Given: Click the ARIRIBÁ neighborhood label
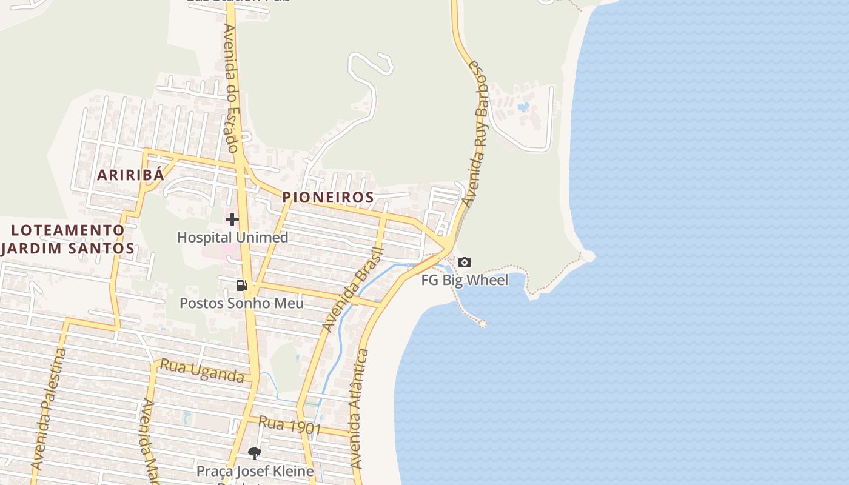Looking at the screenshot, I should tap(130, 175).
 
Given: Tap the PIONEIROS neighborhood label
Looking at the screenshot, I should tap(328, 198).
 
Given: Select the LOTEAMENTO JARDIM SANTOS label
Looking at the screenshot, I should tap(67, 239).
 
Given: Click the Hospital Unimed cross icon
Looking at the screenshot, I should tap(232, 219).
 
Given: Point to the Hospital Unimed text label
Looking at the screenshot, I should tap(232, 237).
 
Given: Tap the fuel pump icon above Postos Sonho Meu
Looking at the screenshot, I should tap(241, 285).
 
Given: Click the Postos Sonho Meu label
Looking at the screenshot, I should tap(241, 303).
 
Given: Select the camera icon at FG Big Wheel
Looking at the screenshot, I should tap(464, 262).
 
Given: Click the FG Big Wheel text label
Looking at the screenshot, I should tap(465, 280).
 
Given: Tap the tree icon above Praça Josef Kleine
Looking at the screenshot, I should tap(255, 453).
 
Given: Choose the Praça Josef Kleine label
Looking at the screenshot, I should tap(255, 470).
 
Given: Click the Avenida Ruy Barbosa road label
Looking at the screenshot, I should tap(475, 133).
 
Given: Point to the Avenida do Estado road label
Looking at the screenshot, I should tap(231, 88).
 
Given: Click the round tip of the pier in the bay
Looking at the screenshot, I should tap(483, 324).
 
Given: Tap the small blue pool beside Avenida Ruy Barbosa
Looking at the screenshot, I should tap(523, 107).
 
